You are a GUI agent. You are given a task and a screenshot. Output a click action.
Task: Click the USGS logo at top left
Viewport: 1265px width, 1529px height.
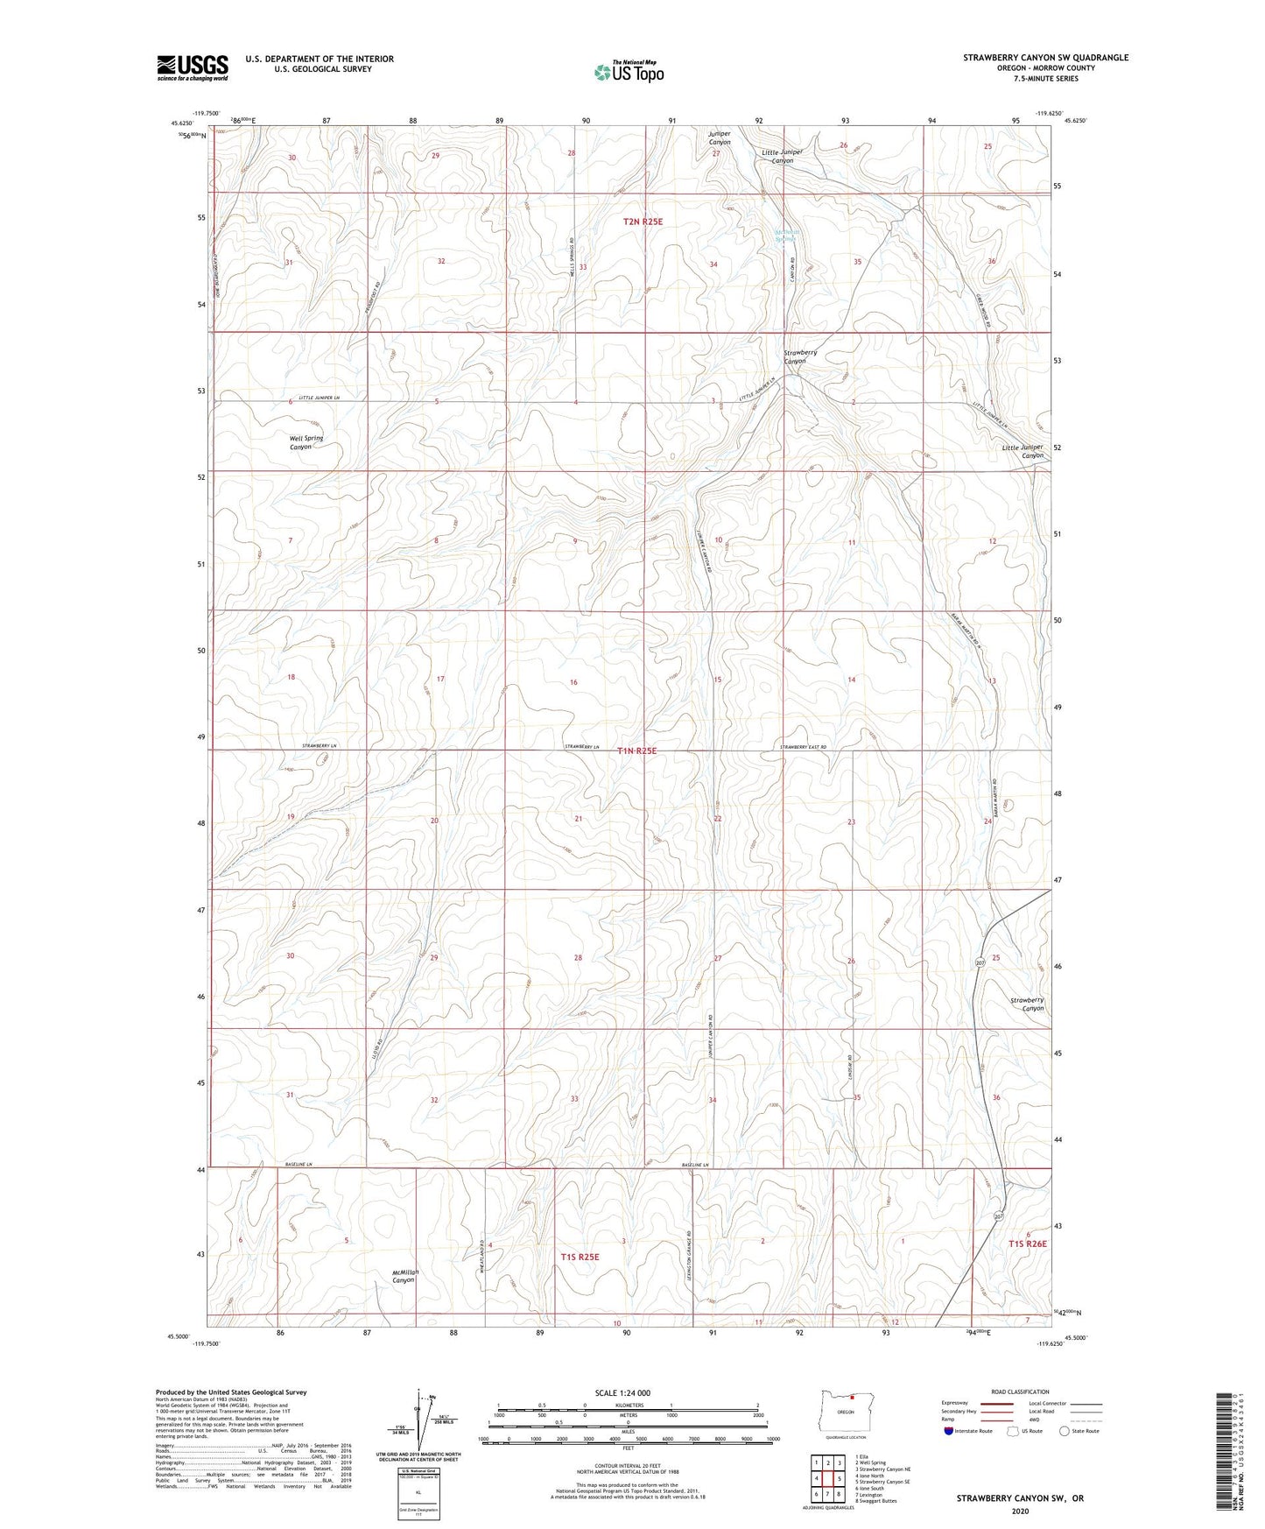pyautogui.click(x=192, y=67)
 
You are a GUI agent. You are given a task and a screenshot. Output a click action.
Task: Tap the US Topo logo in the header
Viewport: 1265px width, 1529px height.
pyautogui.click(x=628, y=72)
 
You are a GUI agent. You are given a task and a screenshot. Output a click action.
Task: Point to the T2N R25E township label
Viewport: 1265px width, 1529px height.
pyautogui.click(x=643, y=222)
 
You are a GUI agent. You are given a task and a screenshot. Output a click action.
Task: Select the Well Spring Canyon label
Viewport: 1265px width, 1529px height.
pyautogui.click(x=306, y=442)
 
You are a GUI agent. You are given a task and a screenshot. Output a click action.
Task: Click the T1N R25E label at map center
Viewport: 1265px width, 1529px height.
pyautogui.click(x=636, y=750)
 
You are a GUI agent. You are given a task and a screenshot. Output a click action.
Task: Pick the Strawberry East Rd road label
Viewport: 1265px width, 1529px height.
pyautogui.click(x=803, y=747)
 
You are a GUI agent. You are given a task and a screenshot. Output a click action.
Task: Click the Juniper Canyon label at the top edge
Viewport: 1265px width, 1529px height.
pyautogui.click(x=719, y=138)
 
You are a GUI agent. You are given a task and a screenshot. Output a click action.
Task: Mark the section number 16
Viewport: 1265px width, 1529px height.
pyautogui.click(x=573, y=682)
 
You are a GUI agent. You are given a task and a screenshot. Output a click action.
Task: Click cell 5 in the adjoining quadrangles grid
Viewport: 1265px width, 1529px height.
pyautogui.click(x=839, y=1479)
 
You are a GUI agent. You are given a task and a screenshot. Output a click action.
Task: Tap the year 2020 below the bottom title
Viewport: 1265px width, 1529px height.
pyautogui.click(x=1020, y=1511)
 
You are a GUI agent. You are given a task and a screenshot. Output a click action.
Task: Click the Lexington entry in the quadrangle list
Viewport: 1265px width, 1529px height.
pyautogui.click(x=870, y=1495)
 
